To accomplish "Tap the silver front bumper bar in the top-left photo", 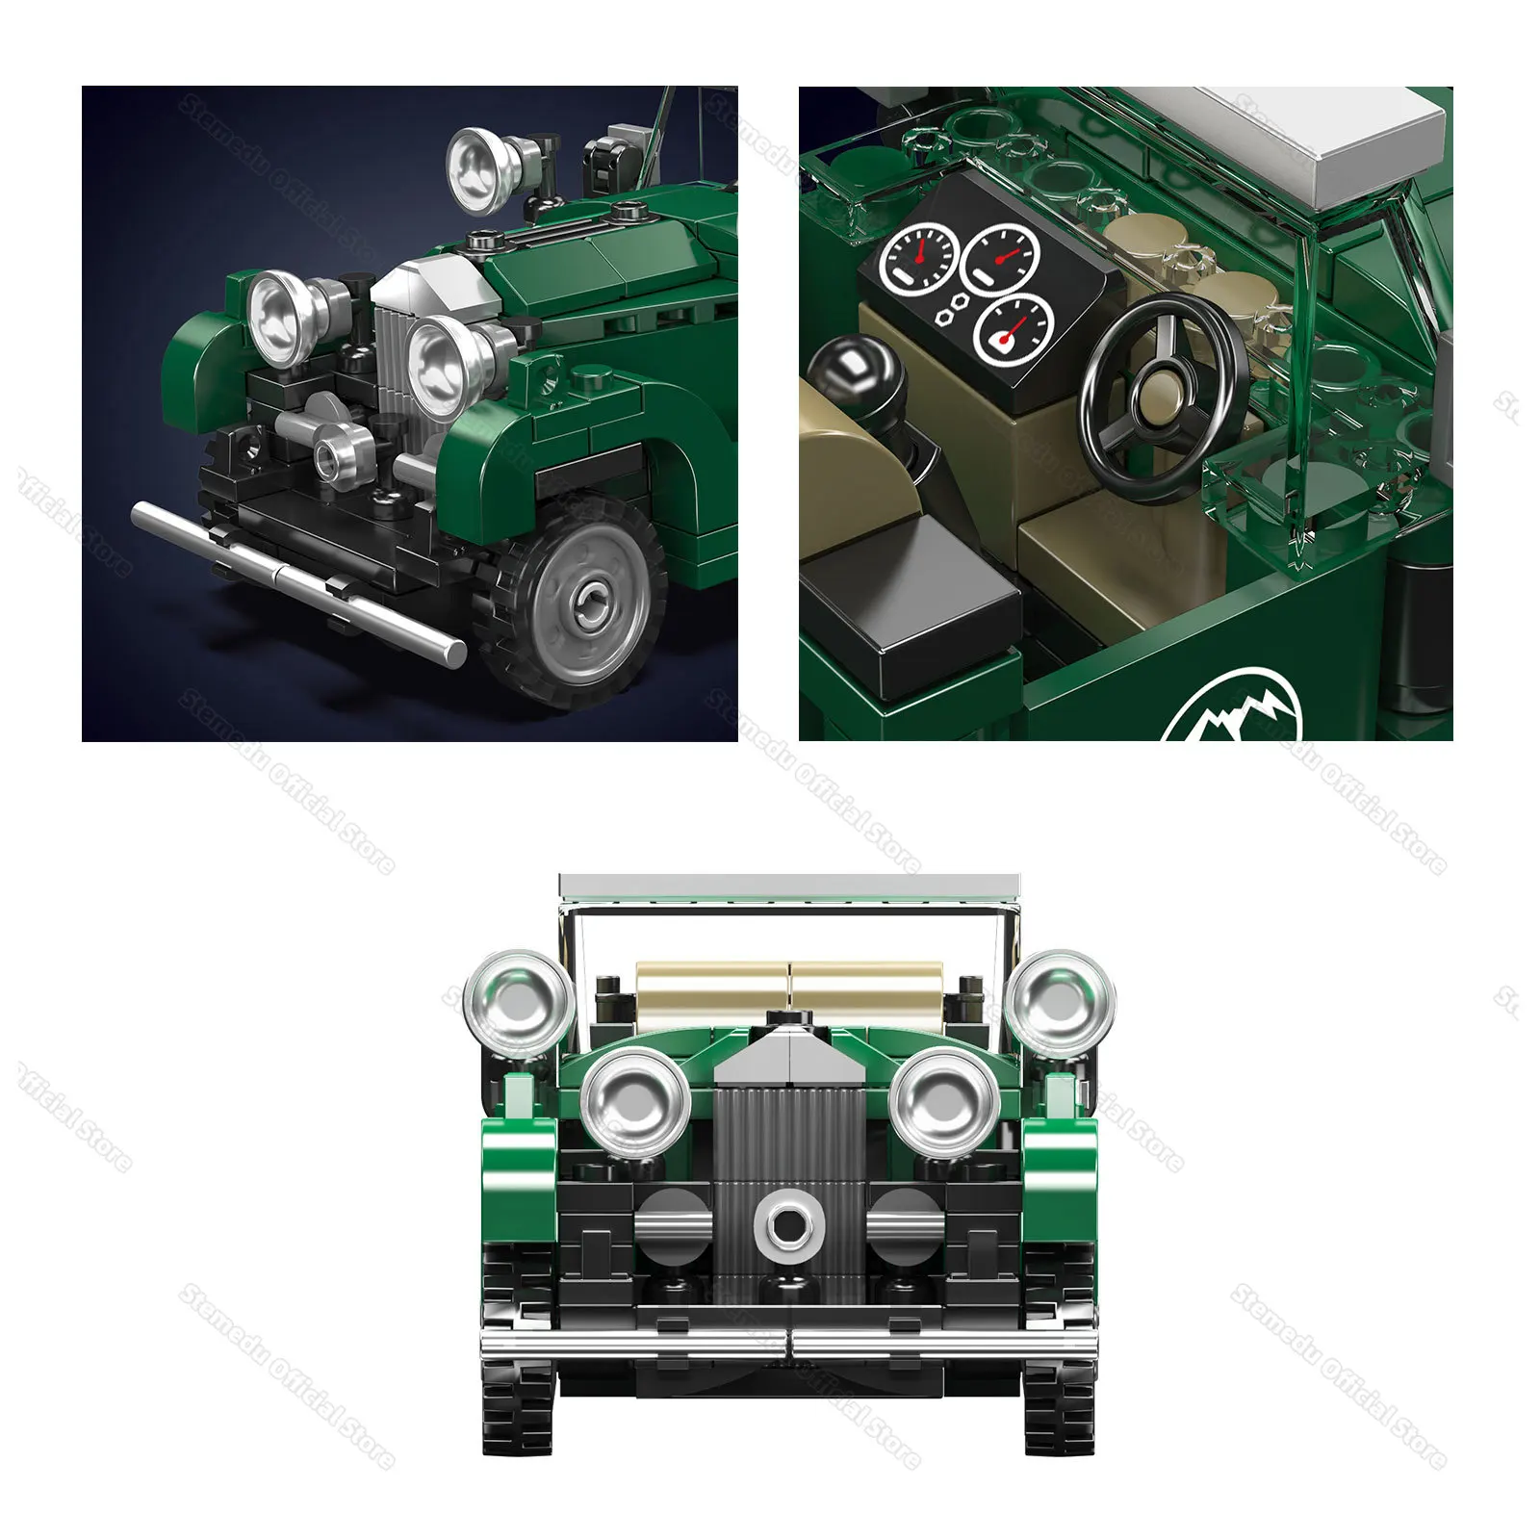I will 298,581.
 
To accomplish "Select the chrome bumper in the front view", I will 789,1344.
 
